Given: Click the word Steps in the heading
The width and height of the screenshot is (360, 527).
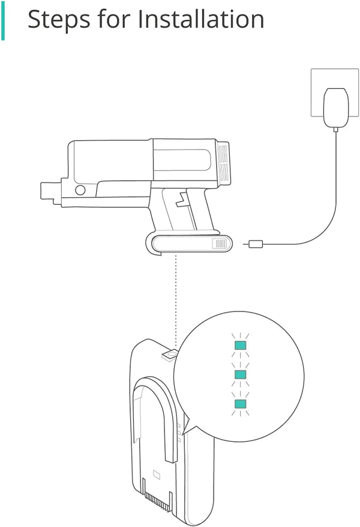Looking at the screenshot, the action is [58, 20].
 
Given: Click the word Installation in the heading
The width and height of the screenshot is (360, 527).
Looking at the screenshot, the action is [201, 19].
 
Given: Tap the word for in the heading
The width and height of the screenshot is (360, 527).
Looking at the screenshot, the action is [114, 19].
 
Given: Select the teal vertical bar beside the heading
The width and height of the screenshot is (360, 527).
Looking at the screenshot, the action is [2, 20].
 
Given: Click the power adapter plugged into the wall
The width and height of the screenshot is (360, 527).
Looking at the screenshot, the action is [335, 107].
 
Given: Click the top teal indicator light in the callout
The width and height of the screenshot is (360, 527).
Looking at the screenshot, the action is [240, 345].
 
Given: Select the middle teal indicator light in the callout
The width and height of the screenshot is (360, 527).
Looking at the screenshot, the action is [240, 375].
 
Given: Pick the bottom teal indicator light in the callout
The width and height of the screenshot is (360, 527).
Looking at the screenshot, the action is [240, 403].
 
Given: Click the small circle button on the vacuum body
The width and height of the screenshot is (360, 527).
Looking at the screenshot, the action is [80, 190].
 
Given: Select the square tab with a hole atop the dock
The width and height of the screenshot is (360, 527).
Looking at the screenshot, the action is [169, 355].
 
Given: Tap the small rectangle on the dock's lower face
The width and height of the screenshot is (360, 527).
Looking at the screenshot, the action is [157, 475].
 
